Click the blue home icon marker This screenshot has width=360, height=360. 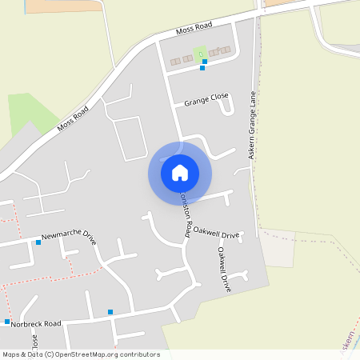[x=180, y=173]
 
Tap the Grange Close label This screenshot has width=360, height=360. [x=206, y=102]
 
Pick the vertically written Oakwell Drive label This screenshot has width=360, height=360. [x=224, y=269]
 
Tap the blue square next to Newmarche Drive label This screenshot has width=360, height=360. [x=38, y=242]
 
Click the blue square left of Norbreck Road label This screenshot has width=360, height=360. [x=6, y=322]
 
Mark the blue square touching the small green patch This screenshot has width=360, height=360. [x=205, y=61]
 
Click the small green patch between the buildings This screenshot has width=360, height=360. [x=200, y=54]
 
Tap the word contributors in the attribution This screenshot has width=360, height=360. [x=138, y=354]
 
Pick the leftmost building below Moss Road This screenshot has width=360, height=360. [x=175, y=60]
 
